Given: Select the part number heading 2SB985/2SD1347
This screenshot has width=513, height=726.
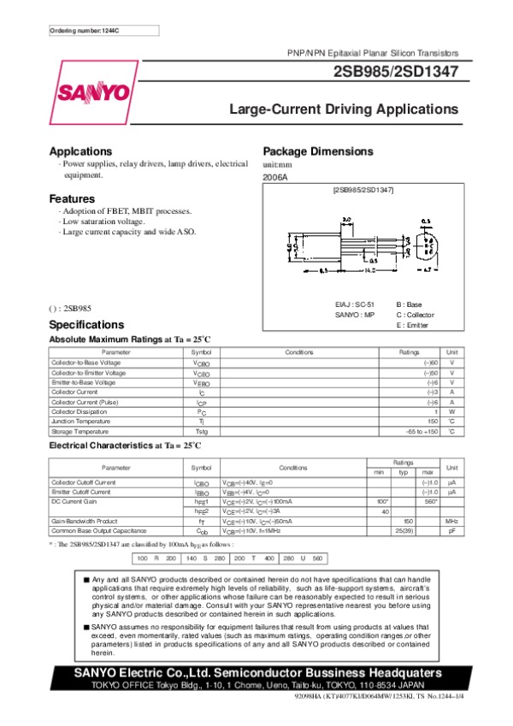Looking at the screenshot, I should [x=395, y=73].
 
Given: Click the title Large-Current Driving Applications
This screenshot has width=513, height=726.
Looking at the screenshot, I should [x=344, y=109].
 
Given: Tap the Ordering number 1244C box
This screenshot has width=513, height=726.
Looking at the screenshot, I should [x=103, y=30].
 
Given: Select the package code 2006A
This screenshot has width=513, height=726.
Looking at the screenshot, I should [x=275, y=176].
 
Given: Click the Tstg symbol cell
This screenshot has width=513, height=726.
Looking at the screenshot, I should [x=202, y=432].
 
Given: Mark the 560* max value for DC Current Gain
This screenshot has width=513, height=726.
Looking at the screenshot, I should [x=429, y=501].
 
